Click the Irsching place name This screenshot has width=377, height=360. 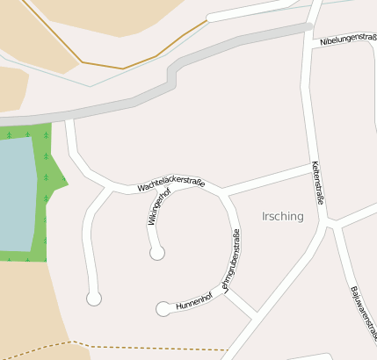[x=282, y=216]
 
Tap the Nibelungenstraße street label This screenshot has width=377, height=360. [x=347, y=40]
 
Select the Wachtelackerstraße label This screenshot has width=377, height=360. [x=170, y=185]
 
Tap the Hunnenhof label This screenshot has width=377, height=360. [x=194, y=301]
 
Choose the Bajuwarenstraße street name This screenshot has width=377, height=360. [x=363, y=313]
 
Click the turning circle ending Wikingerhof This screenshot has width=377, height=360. [x=157, y=254]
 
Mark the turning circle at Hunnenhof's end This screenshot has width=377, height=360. [x=163, y=309]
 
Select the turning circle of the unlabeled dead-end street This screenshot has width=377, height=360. [x=94, y=299]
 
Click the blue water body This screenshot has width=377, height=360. [x=16, y=193]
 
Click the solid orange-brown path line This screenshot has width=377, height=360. [x=123, y=68]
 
